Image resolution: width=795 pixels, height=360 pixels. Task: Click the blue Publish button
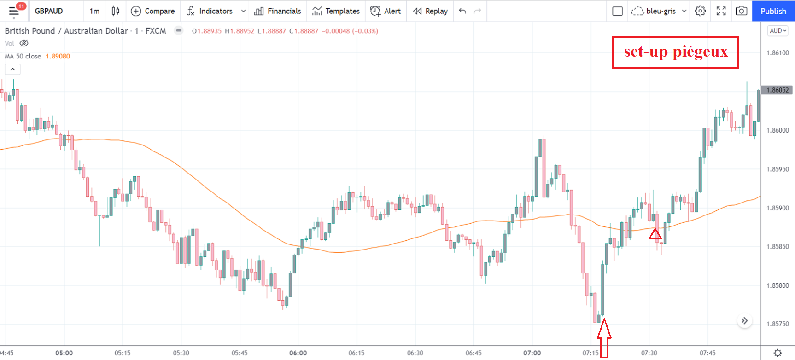tap(773, 11)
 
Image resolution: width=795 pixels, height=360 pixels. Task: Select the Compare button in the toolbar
tap(153, 11)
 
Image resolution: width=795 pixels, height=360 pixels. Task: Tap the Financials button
tap(278, 11)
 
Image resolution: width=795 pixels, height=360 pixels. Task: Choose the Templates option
tap(336, 11)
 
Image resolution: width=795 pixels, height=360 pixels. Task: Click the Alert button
tap(386, 11)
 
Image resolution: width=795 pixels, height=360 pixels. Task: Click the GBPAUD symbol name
tap(49, 11)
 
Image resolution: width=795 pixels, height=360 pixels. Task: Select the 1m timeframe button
tap(94, 11)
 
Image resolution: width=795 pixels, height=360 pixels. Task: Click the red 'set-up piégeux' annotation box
tap(675, 52)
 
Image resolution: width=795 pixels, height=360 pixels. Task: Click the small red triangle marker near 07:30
tap(655, 234)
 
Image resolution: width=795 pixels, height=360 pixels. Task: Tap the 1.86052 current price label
tap(777, 90)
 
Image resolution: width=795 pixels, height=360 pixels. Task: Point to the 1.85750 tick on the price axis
tap(777, 324)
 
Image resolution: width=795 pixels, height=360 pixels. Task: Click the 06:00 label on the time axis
tap(298, 353)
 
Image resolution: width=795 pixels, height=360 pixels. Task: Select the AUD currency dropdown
tap(777, 31)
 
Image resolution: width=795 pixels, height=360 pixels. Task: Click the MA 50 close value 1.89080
tap(58, 56)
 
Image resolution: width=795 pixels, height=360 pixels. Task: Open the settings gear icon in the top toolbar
tap(700, 11)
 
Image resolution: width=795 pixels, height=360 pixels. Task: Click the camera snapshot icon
tap(741, 11)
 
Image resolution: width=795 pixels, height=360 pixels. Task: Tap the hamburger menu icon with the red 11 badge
tap(14, 11)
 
